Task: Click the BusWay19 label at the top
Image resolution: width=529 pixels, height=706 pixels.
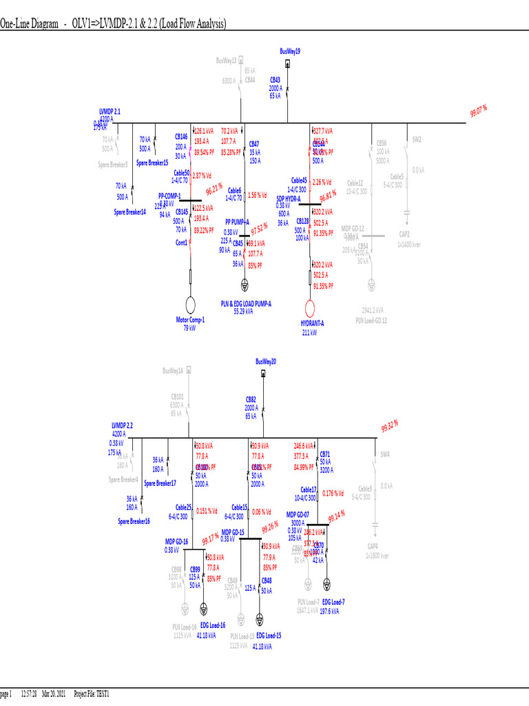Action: (x=290, y=51)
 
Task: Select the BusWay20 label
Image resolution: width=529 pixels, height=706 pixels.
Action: (x=265, y=361)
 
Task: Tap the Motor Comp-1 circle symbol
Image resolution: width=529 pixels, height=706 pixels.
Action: (x=190, y=305)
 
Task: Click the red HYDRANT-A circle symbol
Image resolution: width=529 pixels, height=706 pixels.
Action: (x=310, y=307)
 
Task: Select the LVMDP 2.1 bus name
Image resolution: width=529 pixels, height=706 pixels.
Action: (x=110, y=111)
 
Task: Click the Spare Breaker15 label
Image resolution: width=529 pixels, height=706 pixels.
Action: (x=152, y=163)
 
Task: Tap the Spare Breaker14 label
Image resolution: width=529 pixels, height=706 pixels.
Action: (x=129, y=212)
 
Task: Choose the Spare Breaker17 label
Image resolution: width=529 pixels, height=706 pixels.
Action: (x=160, y=483)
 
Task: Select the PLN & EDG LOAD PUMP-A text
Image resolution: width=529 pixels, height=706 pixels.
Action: (x=246, y=303)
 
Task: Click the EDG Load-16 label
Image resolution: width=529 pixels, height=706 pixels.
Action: (x=212, y=625)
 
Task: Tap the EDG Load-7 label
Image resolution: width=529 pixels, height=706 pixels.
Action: (x=333, y=602)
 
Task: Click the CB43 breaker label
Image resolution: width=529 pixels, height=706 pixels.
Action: (x=275, y=80)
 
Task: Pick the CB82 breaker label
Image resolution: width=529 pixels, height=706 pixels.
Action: (x=251, y=400)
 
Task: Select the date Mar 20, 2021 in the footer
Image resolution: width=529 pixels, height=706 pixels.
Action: (x=57, y=692)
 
